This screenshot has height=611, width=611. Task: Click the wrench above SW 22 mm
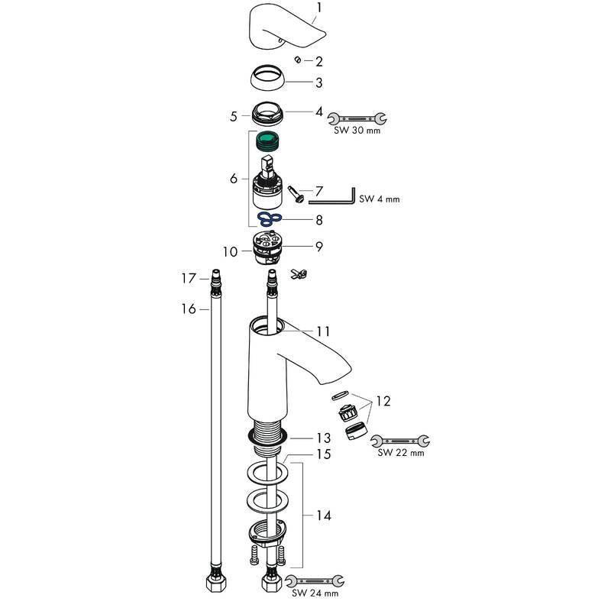(x=400, y=440)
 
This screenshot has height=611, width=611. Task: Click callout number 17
(x=189, y=280)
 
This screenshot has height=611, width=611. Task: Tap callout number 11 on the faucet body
(x=323, y=331)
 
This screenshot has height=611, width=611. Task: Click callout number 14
(x=323, y=516)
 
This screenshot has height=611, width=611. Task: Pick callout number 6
(x=233, y=179)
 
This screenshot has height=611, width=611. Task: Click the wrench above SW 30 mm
(x=357, y=118)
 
